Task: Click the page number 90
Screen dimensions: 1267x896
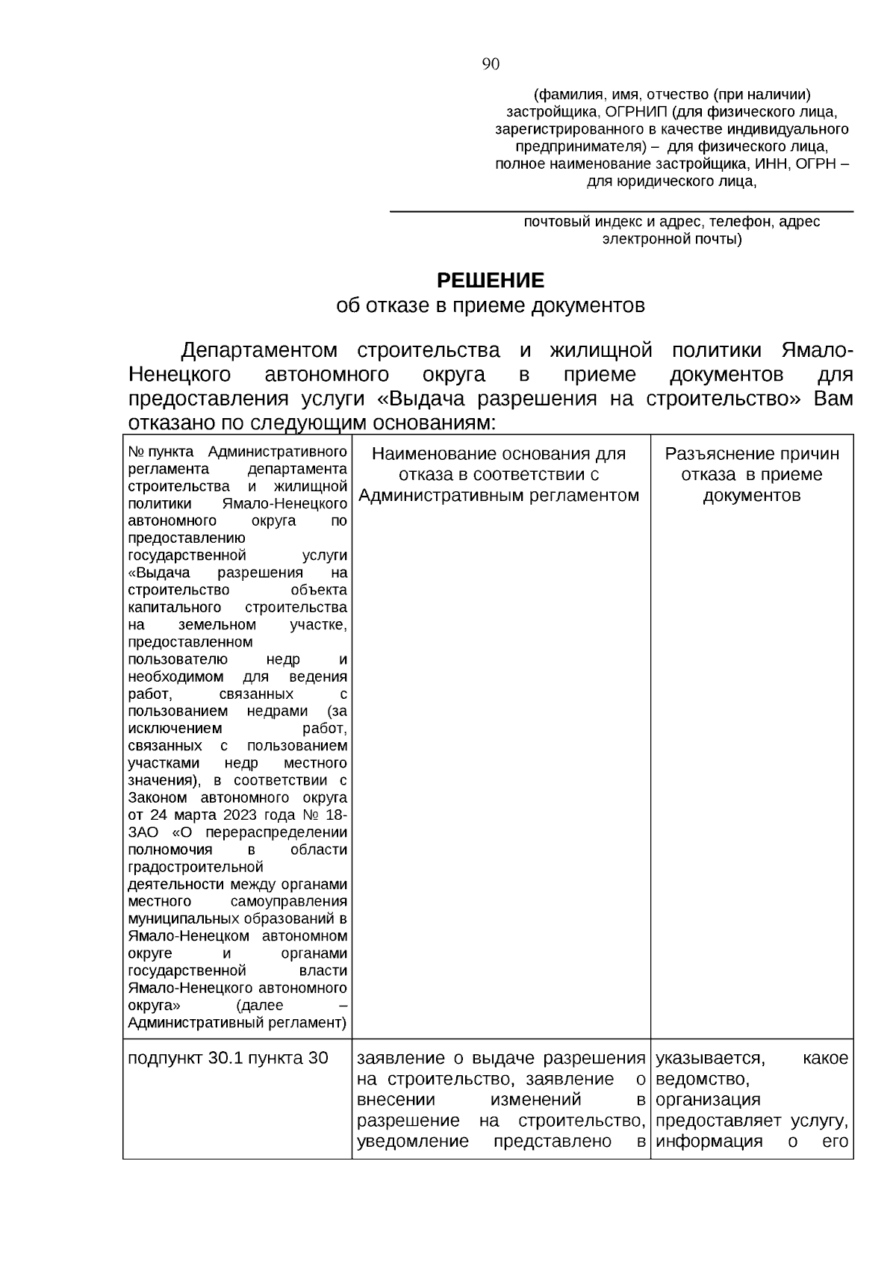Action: (491, 64)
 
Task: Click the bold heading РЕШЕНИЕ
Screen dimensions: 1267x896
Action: (491, 281)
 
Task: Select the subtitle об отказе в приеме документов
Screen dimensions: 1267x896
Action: (491, 305)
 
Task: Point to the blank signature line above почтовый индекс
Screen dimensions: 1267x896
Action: (621, 211)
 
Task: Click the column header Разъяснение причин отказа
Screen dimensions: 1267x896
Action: (752, 474)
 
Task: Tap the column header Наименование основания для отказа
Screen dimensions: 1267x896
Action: (499, 474)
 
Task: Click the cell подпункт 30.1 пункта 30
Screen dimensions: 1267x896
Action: (228, 1058)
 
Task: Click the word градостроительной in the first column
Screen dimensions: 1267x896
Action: (196, 867)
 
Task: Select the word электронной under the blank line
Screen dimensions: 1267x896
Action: (647, 240)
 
